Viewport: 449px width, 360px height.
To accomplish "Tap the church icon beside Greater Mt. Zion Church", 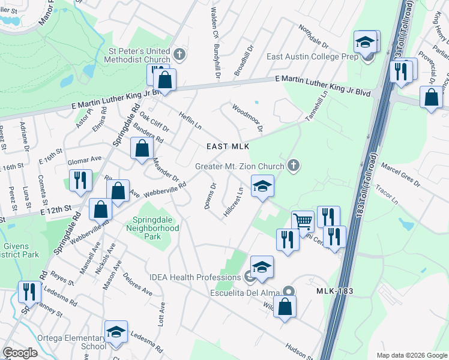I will click(x=293, y=165).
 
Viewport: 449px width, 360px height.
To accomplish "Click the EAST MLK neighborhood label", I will click(x=228, y=146).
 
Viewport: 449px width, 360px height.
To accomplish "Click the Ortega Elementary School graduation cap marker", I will click(x=116, y=332).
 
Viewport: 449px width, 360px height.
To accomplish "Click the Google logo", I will click(x=20, y=353).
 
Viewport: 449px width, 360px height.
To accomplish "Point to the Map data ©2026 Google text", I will click(x=411, y=355).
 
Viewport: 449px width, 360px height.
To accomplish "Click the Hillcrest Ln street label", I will click(x=233, y=203).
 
